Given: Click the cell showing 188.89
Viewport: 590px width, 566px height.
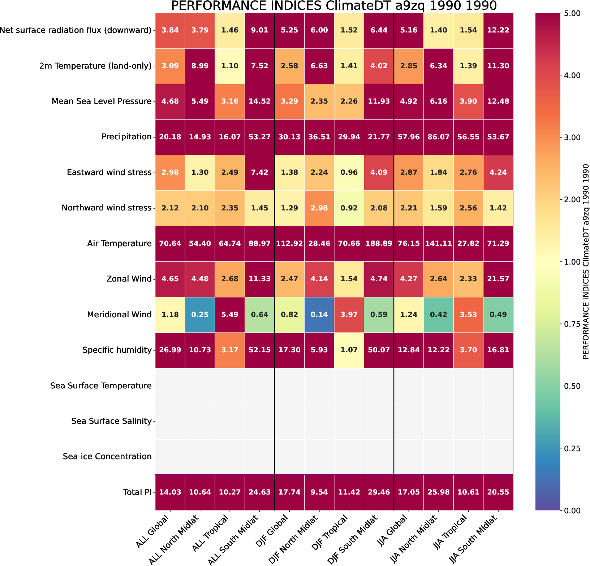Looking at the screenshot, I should pos(379,244).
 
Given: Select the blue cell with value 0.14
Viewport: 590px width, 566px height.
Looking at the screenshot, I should pos(319,314).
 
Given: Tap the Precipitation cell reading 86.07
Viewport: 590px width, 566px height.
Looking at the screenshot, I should pos(438,137).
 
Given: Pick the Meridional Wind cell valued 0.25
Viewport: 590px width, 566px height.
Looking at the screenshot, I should pos(200,314).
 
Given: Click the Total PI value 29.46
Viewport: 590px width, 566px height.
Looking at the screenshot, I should pos(379,492).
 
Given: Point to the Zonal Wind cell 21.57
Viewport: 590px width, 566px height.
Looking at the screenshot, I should pos(498,279).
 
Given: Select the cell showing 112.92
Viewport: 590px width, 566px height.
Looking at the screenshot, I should pos(289,244).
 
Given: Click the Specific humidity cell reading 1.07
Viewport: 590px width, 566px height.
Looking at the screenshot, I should pos(349,350).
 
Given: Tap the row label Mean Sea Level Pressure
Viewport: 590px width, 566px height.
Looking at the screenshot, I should pos(102,101).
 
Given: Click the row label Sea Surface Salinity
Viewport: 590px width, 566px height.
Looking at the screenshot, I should pos(111,421).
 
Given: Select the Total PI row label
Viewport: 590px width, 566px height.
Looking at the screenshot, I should pos(137,492).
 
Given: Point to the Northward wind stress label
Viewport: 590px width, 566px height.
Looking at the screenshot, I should pos(106,208).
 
